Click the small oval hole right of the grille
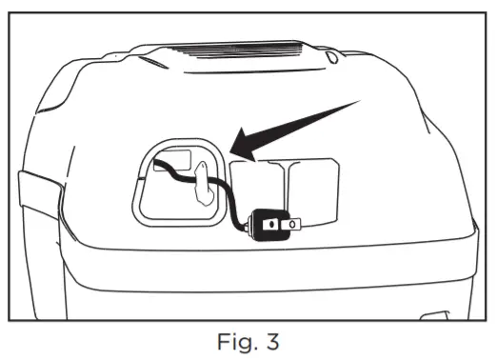coord(329,58)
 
